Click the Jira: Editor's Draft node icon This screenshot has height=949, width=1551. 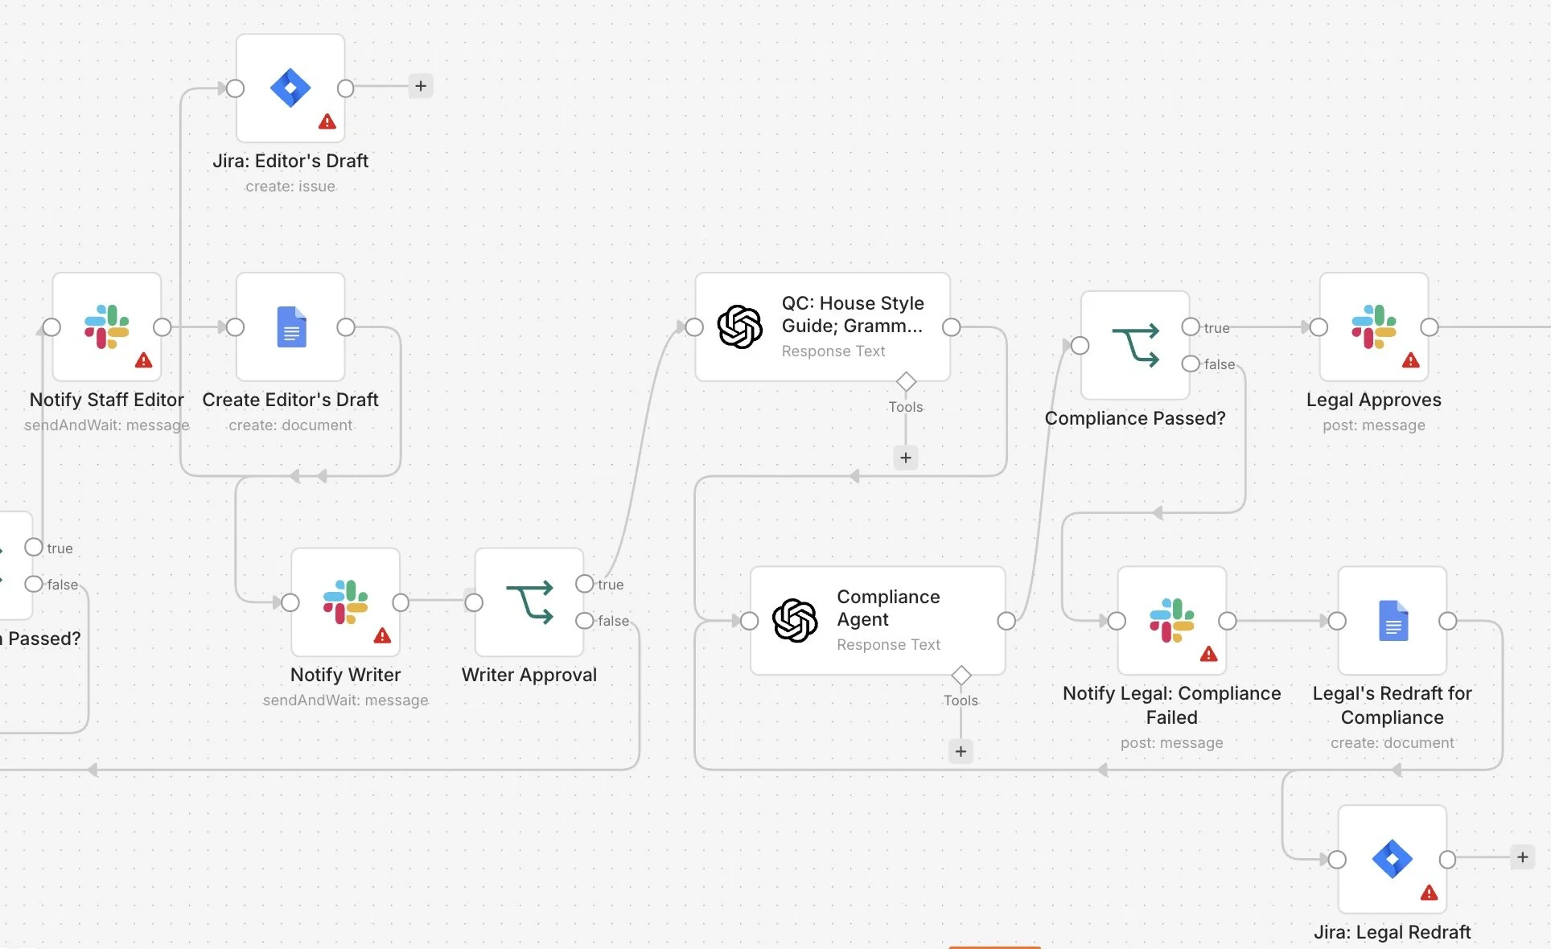[x=290, y=88]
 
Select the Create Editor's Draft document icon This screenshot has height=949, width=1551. [x=291, y=327]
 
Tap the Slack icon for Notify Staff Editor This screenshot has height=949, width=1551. [x=107, y=327]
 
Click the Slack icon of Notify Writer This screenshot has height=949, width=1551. [x=346, y=602]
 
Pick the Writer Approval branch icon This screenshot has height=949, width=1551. [x=529, y=602]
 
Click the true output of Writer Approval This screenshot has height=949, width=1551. [x=585, y=584]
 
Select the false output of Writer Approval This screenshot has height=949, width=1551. [x=585, y=620]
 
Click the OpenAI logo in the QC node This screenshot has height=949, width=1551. [x=740, y=327]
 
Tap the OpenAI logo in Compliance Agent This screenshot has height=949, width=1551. [x=795, y=620]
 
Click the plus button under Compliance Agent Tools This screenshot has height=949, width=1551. [x=961, y=751]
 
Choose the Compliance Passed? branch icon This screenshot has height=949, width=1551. [x=1135, y=345]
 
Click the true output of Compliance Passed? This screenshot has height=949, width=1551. [x=1191, y=327]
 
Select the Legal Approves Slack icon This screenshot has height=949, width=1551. [x=1374, y=327]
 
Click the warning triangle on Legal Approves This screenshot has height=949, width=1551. [x=1411, y=360]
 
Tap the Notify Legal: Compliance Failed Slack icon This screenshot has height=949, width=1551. [x=1172, y=620]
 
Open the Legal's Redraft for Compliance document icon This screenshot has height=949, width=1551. [x=1393, y=620]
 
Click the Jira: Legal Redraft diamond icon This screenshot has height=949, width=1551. [x=1393, y=859]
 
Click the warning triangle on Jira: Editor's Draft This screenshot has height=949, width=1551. [x=327, y=121]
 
